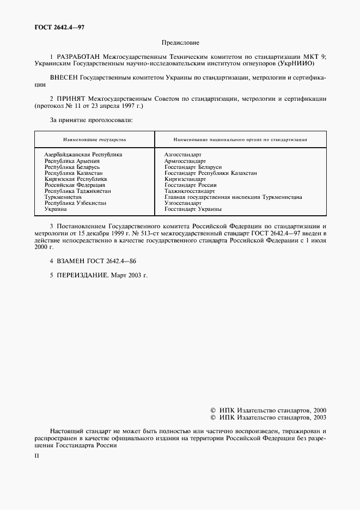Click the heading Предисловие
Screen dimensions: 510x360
[x=180, y=42]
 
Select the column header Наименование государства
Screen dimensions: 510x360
[x=94, y=140]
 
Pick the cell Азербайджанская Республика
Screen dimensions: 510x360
[x=83, y=155]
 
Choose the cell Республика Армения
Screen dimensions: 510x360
[x=72, y=161]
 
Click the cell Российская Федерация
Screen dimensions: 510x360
[x=75, y=185]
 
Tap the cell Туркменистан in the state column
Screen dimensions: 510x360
[x=63, y=197]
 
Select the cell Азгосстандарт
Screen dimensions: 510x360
[x=182, y=155]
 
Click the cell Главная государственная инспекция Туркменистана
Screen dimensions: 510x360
[x=233, y=197]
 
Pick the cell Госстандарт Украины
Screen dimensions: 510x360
[x=193, y=209]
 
